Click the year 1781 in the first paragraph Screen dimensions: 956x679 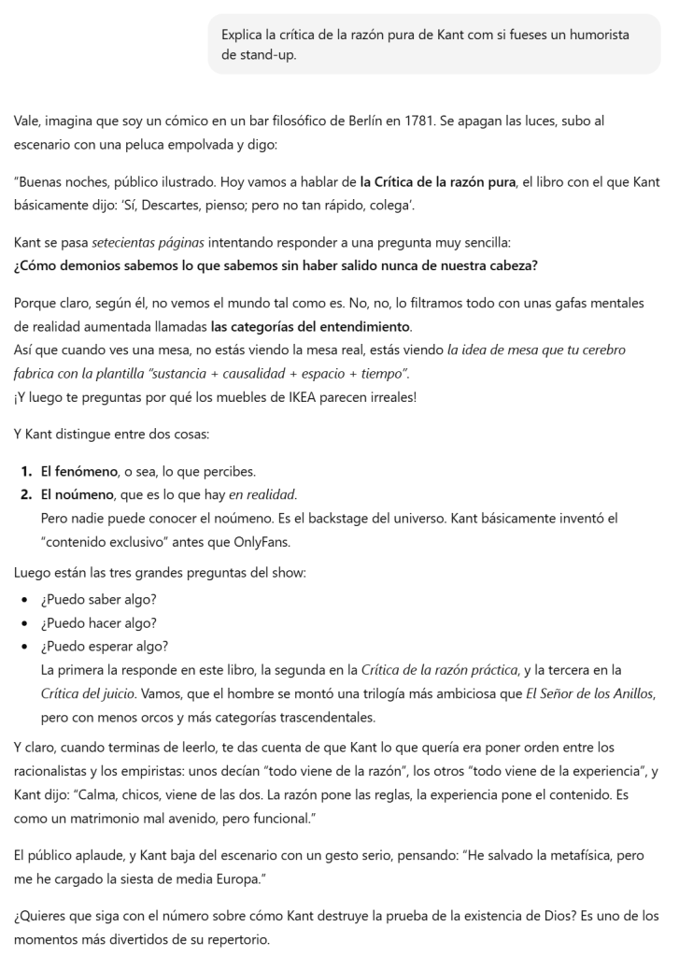pyautogui.click(x=424, y=121)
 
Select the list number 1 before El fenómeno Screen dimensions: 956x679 pyautogui.click(x=26, y=469)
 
